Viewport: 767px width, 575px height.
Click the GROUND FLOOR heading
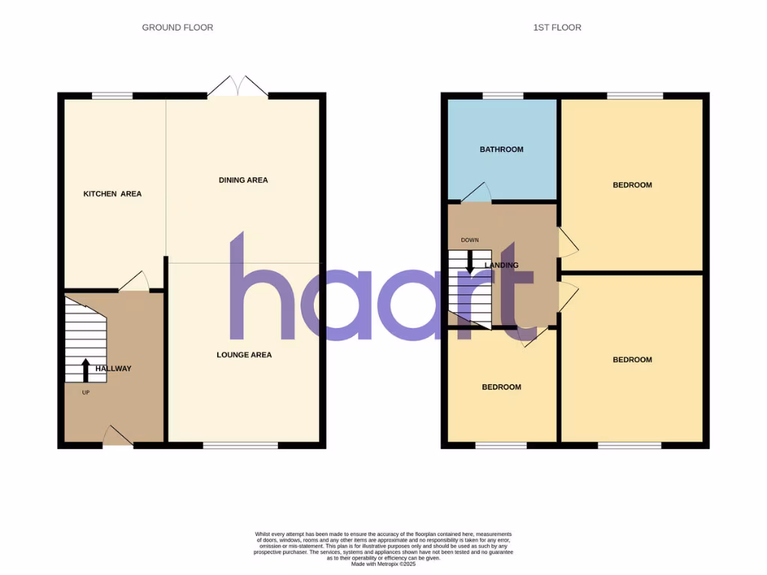pos(178,28)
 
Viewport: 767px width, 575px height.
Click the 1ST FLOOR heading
pos(557,28)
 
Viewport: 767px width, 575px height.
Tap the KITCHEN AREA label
pos(112,194)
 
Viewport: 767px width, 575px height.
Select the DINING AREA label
pos(243,180)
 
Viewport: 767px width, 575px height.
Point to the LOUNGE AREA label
pos(244,355)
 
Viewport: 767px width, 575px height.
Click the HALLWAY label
pos(113,368)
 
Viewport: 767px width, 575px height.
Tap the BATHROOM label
pos(501,150)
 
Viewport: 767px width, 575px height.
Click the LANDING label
pos(501,265)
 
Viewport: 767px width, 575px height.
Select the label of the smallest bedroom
pos(501,387)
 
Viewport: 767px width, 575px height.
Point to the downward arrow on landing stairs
pos(470,260)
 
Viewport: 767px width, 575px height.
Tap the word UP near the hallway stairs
pos(85,392)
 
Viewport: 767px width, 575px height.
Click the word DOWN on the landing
pos(470,240)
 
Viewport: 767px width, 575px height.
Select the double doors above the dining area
pos(237,87)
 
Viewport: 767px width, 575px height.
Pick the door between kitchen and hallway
pos(134,282)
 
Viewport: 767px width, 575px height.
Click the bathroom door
pos(476,193)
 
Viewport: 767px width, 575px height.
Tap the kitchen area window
pos(112,96)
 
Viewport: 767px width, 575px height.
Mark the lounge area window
pos(240,445)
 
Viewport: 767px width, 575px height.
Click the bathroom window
pos(503,96)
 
